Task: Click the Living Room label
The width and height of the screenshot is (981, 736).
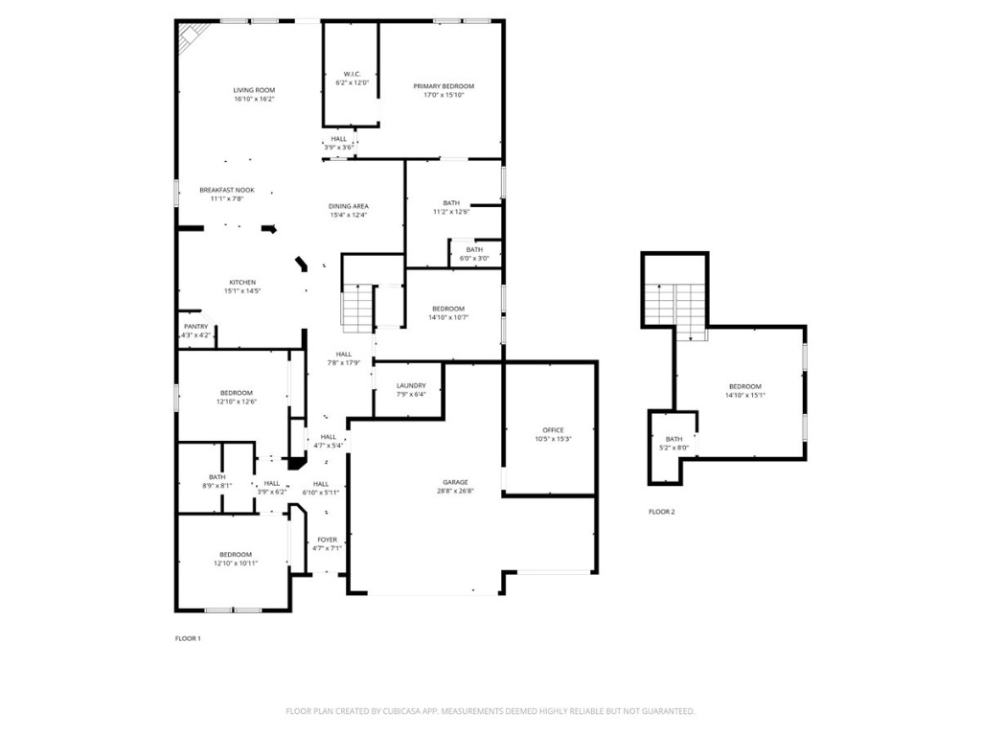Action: [254, 90]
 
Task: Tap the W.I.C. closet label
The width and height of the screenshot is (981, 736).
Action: [351, 74]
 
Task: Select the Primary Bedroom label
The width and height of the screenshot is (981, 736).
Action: [444, 86]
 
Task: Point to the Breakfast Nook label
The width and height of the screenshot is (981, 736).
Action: [227, 190]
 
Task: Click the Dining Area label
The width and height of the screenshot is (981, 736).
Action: [349, 206]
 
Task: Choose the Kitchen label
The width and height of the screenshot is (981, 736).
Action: [241, 282]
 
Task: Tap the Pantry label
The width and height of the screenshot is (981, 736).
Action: [195, 327]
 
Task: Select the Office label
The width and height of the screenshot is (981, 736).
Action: [553, 430]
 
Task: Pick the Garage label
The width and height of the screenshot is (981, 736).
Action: [455, 482]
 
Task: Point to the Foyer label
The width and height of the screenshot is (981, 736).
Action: [327, 540]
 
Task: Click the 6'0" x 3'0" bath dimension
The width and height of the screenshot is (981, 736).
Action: [475, 258]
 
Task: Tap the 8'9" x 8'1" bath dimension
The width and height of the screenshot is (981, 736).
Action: [217, 486]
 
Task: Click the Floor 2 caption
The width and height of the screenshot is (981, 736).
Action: [662, 512]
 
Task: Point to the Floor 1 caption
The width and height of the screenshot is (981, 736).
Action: [188, 638]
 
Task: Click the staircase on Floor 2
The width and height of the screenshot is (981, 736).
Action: [673, 307]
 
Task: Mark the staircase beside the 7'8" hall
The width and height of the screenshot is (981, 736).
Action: [357, 308]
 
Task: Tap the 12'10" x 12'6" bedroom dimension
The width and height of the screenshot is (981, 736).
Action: [236, 402]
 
